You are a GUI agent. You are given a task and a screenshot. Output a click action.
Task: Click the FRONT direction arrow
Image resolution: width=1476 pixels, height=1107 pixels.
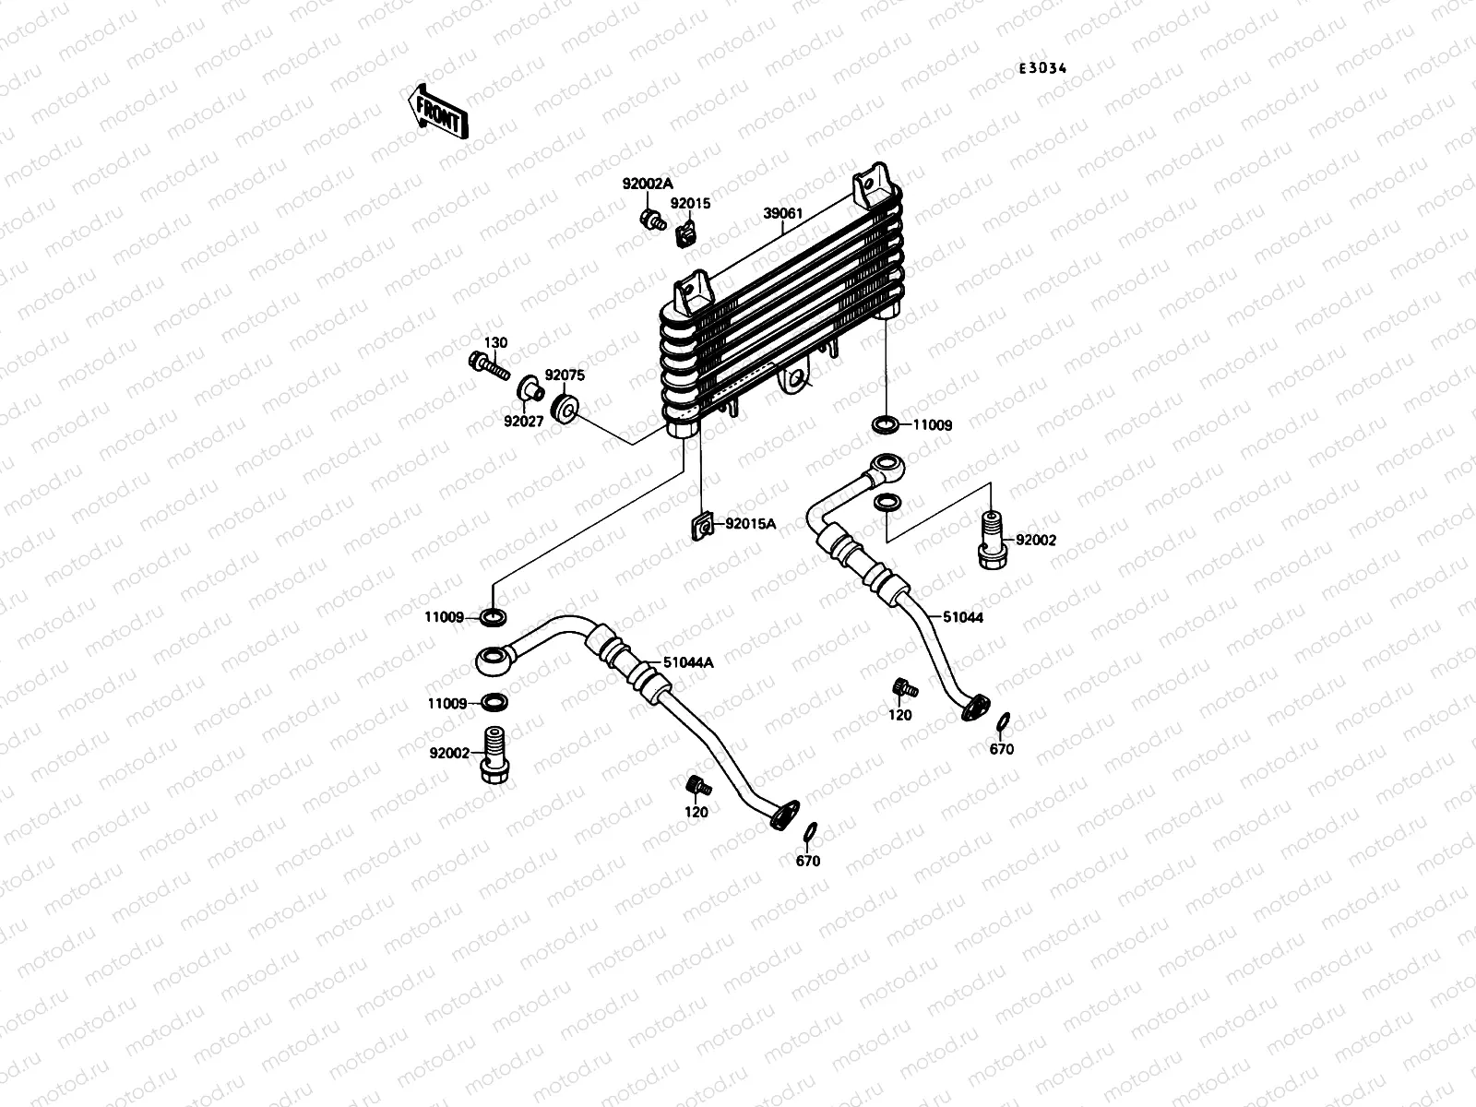click(x=438, y=112)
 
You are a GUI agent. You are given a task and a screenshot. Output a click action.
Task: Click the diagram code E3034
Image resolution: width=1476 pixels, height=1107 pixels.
click(x=1042, y=68)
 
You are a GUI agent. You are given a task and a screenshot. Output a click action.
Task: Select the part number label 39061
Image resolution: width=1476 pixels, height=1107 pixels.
click(x=782, y=214)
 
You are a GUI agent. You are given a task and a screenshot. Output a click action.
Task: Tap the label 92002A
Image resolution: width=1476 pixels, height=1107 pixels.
click(x=648, y=184)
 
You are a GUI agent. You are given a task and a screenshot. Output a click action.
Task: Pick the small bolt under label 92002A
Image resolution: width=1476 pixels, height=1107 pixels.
click(x=652, y=220)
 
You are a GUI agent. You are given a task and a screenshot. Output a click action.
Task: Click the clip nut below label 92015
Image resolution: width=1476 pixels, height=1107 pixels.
click(x=685, y=234)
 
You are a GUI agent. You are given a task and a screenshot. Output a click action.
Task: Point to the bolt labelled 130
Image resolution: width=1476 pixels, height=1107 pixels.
click(x=489, y=365)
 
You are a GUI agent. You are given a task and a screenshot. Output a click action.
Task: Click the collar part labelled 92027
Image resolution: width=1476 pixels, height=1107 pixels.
click(x=530, y=389)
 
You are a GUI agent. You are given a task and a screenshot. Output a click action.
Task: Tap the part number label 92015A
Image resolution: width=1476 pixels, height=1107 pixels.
click(x=750, y=524)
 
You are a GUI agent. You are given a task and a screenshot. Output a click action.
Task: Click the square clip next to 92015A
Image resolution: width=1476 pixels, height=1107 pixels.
click(x=703, y=527)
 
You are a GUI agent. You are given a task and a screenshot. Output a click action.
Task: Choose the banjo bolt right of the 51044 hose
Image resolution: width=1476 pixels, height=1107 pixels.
click(x=992, y=540)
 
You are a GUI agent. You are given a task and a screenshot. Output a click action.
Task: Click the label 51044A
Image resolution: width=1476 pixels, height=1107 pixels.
click(x=688, y=662)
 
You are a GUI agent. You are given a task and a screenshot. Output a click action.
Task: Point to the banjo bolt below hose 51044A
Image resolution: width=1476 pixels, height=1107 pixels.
click(x=494, y=755)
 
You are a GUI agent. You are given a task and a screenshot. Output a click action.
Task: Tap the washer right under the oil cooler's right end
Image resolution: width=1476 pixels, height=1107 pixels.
click(x=885, y=424)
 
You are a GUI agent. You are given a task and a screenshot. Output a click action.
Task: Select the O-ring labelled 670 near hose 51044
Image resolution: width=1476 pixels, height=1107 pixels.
click(x=1002, y=722)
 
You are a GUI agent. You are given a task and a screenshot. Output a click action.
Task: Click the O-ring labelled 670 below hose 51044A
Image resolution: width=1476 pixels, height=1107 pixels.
click(x=810, y=832)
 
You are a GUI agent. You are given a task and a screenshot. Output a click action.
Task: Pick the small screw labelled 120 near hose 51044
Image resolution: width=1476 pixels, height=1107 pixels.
click(x=904, y=688)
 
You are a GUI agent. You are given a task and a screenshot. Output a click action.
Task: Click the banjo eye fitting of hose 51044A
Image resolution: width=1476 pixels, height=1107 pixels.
click(x=494, y=660)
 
